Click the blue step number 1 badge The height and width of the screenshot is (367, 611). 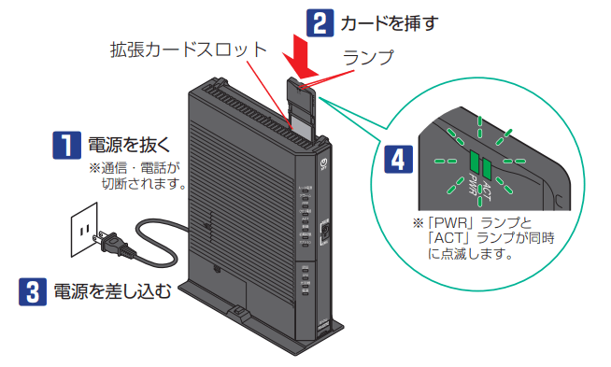pos(66,145)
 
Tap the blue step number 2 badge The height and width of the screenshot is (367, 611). pos(320,23)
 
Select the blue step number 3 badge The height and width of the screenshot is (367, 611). pos(33,291)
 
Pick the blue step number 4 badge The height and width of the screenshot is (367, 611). pos(398,159)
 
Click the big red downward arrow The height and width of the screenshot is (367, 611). pos(301,54)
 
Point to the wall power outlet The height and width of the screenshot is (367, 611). pos(84,229)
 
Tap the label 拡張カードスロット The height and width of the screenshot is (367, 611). pos(188,49)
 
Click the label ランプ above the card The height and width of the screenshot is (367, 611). pos(368,57)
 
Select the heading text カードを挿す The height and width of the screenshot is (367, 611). pos(390,23)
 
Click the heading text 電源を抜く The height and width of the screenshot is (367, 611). pos(129,145)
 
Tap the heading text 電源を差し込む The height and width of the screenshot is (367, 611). pos(112,291)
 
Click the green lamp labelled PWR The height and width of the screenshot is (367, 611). pos(475,161)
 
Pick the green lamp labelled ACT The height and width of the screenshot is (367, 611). pos(487,168)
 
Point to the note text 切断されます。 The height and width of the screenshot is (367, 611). pos(145,183)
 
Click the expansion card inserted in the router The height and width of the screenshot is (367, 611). pos(301,108)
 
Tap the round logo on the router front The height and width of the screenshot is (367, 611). pos(323,162)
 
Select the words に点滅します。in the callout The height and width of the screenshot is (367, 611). pos(470,254)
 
